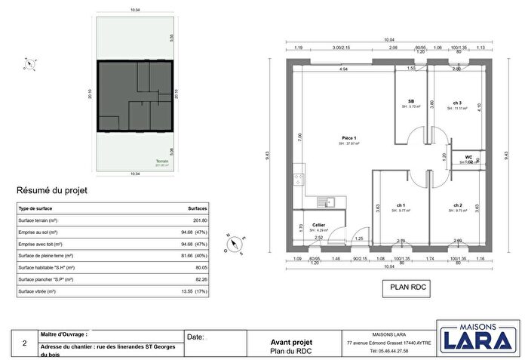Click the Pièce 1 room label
coord(348,138)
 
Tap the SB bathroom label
coord(411,102)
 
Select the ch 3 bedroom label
coord(457,103)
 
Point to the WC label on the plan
coord(468,157)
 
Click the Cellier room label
coord(319,225)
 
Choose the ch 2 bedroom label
coord(457,205)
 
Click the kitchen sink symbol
coord(329,202)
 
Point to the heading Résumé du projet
coord(52,191)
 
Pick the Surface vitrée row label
coord(38,291)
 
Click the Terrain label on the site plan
coord(161,162)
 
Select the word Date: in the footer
coord(195,337)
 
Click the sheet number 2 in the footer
coord(26,344)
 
